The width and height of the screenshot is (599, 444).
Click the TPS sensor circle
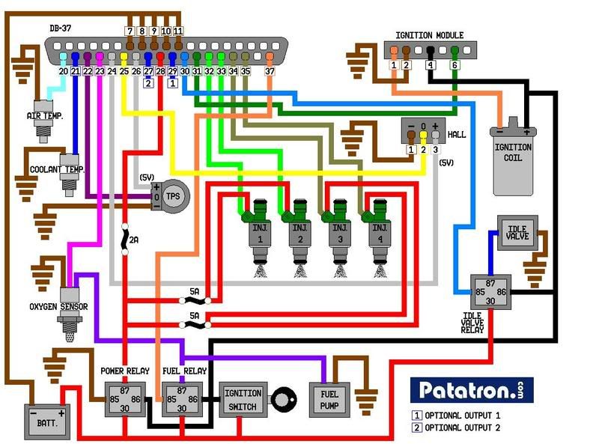click(173, 196)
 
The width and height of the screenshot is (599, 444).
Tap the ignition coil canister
click(513, 157)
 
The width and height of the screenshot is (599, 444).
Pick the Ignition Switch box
click(243, 399)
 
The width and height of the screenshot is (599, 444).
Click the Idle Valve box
click(516, 232)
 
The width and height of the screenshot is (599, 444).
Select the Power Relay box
click(124, 398)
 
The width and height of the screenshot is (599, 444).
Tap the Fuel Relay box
click(183, 398)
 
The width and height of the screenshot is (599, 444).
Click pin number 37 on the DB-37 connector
click(270, 71)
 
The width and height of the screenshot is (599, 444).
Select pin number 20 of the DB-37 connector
click(64, 71)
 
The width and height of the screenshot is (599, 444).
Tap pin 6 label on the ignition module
click(454, 66)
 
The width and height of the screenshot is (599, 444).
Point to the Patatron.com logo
click(471, 390)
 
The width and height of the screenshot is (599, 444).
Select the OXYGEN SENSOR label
click(58, 306)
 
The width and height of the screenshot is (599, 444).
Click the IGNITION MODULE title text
click(429, 35)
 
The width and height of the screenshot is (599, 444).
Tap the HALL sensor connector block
click(423, 132)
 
